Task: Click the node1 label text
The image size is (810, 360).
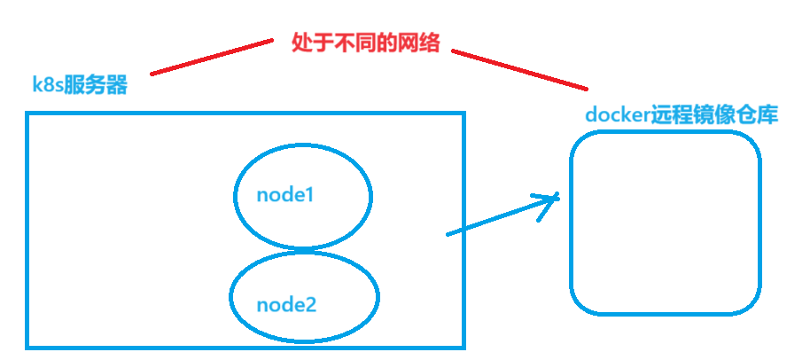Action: pos(285,195)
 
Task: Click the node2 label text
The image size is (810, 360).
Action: pos(286,305)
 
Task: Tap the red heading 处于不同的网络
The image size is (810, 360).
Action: pos(365,43)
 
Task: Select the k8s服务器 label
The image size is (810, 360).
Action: pos(80,86)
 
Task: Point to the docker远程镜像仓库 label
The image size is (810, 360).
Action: pos(681,115)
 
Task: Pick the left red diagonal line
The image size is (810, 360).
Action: pos(213,56)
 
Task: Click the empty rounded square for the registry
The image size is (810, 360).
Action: pos(665,222)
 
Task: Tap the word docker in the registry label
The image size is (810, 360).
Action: pos(617,115)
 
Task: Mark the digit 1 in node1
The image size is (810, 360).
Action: pos(309,195)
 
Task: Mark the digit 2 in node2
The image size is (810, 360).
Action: pos(310,305)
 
